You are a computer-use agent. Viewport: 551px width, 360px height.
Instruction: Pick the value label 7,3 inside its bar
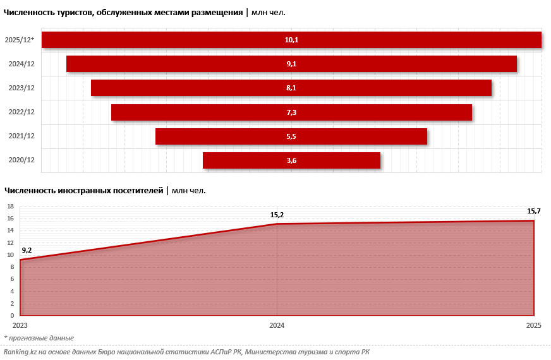point(291,112)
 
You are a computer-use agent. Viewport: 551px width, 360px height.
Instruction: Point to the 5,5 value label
point(291,136)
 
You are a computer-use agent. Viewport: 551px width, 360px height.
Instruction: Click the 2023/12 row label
point(21,88)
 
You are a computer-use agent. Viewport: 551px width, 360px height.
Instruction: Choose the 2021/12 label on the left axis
point(21,136)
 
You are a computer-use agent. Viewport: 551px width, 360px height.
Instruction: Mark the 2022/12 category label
point(21,112)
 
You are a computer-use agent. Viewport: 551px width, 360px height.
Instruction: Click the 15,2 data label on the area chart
point(277,215)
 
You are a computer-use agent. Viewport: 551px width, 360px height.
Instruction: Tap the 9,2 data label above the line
point(27,251)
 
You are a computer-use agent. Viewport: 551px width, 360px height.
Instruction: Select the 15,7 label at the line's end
point(534,211)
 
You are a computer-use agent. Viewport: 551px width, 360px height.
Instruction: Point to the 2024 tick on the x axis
point(277,325)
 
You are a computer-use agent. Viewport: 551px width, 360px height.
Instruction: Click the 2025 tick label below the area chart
point(535,325)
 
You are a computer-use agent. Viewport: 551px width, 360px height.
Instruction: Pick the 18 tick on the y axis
point(10,207)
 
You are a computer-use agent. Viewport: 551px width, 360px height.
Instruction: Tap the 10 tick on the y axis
point(10,255)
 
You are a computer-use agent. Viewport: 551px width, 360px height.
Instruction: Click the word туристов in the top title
point(71,12)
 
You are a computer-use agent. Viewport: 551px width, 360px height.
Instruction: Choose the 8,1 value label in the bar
point(291,88)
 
